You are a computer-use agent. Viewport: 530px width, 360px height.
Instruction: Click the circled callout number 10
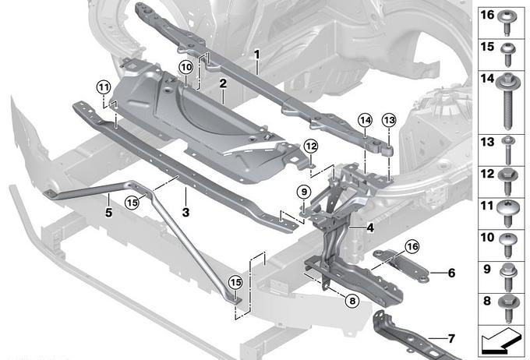[186, 67]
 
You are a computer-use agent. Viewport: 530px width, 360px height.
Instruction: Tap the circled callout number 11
[104, 87]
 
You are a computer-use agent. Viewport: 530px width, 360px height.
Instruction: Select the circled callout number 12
[311, 146]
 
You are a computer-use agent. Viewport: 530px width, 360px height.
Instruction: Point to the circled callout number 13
[389, 120]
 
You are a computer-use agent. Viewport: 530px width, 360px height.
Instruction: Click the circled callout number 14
[365, 120]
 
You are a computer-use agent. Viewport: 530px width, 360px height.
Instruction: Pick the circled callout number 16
[412, 246]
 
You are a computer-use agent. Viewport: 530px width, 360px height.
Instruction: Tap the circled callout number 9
[304, 192]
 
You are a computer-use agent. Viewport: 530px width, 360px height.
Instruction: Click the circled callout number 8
[352, 301]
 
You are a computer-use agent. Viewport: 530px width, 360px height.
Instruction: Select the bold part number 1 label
[257, 54]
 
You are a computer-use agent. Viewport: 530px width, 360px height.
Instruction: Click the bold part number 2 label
[223, 83]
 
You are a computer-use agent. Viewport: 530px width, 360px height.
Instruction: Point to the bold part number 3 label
[185, 213]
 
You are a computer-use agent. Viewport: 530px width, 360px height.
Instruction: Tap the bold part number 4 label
[370, 228]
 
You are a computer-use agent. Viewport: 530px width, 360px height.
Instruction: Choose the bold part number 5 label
[108, 213]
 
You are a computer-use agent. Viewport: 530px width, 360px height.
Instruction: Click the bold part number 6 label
[451, 273]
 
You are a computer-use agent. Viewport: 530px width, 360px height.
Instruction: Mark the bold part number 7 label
[451, 338]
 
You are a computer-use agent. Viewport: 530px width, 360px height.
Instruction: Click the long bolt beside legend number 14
[507, 101]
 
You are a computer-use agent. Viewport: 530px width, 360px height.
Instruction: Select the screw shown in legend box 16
[507, 23]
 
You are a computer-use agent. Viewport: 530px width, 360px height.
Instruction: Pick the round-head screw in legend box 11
[507, 214]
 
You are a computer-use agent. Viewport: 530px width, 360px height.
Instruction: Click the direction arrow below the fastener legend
[501, 341]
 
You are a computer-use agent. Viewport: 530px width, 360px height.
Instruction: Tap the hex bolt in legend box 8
[507, 309]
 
